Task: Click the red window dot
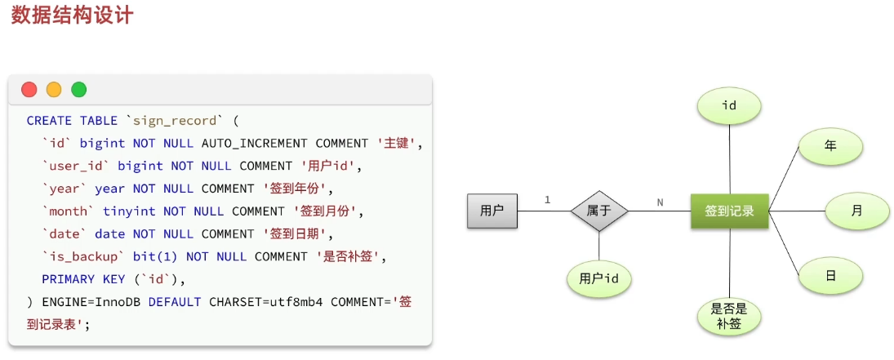[x=29, y=90]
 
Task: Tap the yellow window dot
[x=54, y=90]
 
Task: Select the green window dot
[x=78, y=90]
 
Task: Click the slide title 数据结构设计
[x=72, y=16]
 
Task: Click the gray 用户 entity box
[x=492, y=211]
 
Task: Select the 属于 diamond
[x=599, y=211]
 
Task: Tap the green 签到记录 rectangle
[x=729, y=211]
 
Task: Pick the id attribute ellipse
[x=729, y=106]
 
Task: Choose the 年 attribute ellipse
[x=830, y=147]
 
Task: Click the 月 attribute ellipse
[x=856, y=211]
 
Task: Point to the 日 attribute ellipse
[x=830, y=276]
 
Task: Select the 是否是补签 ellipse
[x=729, y=317]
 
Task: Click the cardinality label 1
[x=547, y=200]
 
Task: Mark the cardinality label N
[x=660, y=201]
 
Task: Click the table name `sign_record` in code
[x=175, y=121]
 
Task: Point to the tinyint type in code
[x=130, y=211]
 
